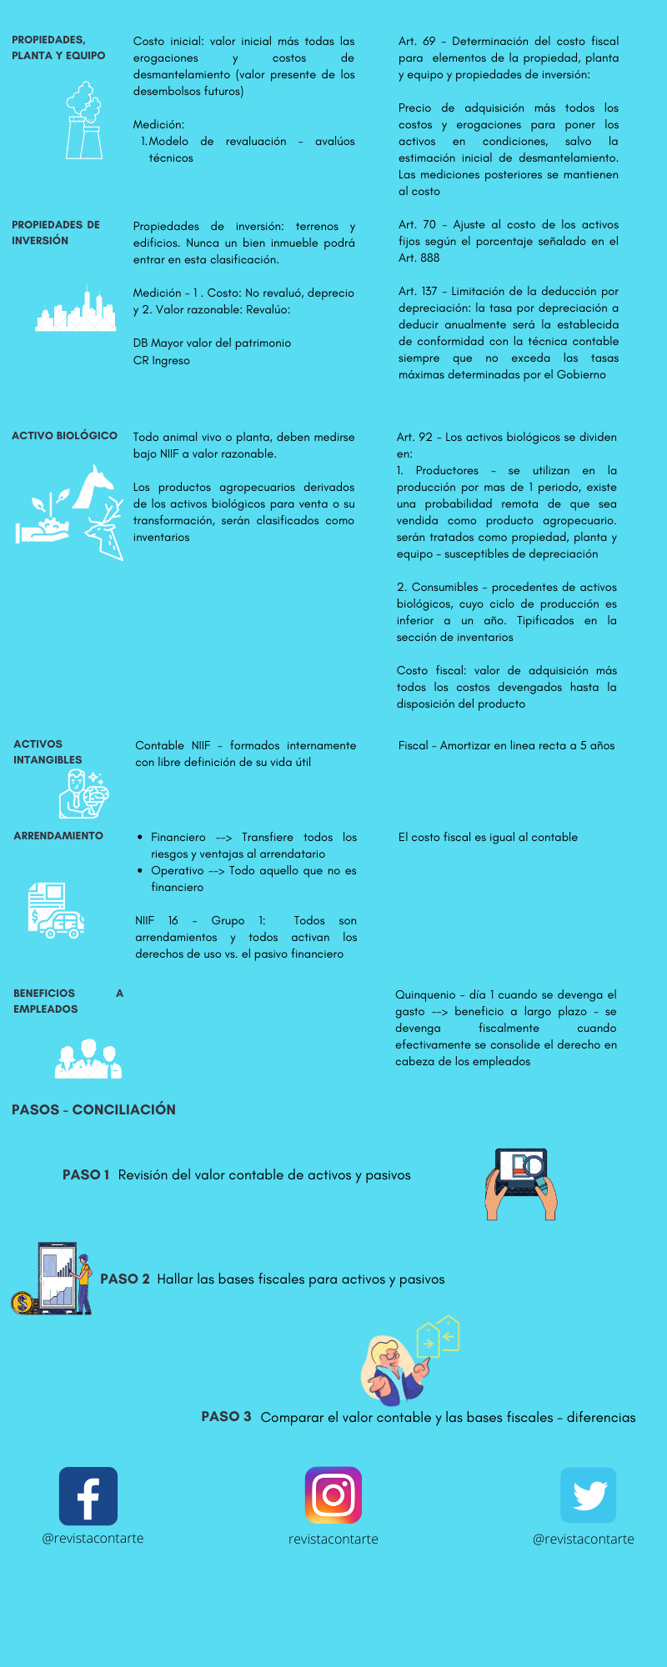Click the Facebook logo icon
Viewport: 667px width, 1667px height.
pyautogui.click(x=88, y=1496)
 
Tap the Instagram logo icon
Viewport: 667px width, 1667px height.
pyautogui.click(x=333, y=1495)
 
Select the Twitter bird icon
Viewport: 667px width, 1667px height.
pyautogui.click(x=589, y=1495)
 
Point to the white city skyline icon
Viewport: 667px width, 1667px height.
pyautogui.click(x=76, y=310)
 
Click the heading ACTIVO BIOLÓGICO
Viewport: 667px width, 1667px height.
pyautogui.click(x=64, y=436)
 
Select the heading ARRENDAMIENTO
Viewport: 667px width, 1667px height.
pyautogui.click(x=58, y=836)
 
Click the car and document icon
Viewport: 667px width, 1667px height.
pyautogui.click(x=56, y=910)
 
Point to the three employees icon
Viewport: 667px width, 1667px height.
pyautogui.click(x=88, y=1059)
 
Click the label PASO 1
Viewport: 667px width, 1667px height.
pyautogui.click(x=86, y=1175)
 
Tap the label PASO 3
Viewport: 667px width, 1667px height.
pyautogui.click(x=226, y=1417)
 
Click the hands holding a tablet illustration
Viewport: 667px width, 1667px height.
pyautogui.click(x=521, y=1184)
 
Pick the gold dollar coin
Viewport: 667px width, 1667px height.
pyautogui.click(x=23, y=1303)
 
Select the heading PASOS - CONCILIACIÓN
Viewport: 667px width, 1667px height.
pyautogui.click(x=93, y=1110)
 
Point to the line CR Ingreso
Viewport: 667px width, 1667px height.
pyautogui.click(x=162, y=361)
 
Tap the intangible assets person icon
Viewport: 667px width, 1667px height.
pyautogui.click(x=83, y=793)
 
